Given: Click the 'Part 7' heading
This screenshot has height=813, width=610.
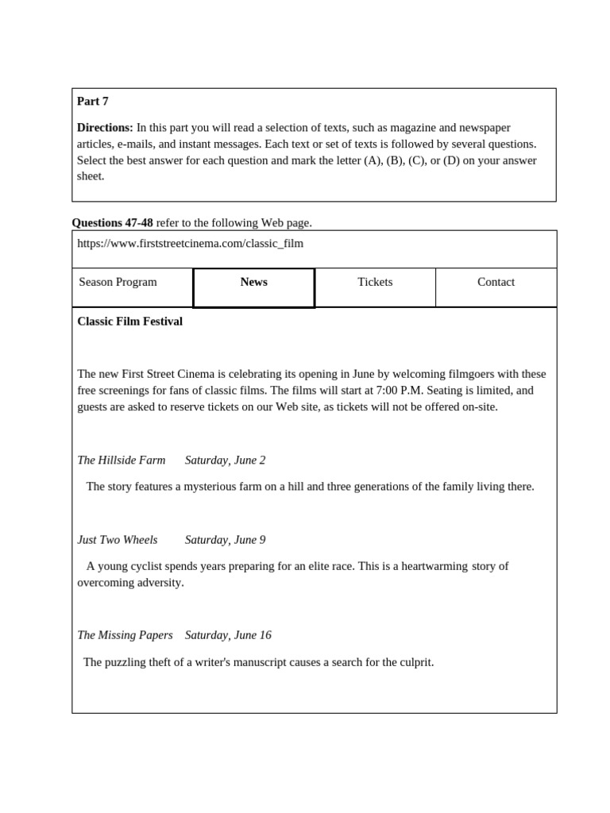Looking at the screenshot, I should [x=93, y=102].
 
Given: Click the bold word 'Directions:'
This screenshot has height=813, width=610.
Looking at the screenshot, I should [x=105, y=128].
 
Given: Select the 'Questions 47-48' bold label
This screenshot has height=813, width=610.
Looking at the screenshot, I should [x=112, y=223].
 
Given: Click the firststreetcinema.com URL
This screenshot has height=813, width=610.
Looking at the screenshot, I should [x=190, y=244].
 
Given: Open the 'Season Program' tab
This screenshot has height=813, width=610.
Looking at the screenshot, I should [x=118, y=283].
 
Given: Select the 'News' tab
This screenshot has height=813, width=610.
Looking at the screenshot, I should [x=253, y=283].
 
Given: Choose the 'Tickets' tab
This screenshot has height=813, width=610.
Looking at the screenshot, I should [x=375, y=283].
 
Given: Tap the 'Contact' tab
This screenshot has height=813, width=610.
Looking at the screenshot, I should [x=496, y=283].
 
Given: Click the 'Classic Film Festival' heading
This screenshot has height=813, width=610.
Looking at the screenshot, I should [x=129, y=322].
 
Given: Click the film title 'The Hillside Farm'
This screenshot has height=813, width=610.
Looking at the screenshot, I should [x=122, y=460].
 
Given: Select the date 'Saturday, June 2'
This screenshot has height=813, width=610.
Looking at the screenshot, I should [x=226, y=460].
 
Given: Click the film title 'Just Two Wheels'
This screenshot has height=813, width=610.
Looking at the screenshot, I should [x=118, y=540].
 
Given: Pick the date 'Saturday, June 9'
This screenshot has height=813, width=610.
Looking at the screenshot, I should [x=226, y=540].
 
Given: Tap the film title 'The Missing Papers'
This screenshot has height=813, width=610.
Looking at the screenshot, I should [x=125, y=635].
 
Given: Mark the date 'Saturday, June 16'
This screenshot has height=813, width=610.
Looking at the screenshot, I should [x=228, y=635].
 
